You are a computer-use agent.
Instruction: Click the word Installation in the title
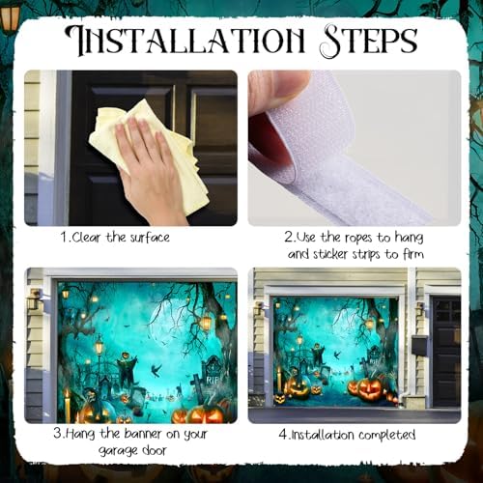pyautogui.click(x=185, y=42)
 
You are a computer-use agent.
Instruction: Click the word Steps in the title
pyautogui.click(x=370, y=42)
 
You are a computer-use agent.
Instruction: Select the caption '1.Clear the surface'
pyautogui.click(x=115, y=238)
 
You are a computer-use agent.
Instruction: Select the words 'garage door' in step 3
pyautogui.click(x=132, y=450)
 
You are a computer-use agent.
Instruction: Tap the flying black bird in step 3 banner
pyautogui.click(x=156, y=370)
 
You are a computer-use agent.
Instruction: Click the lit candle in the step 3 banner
pyautogui.click(x=68, y=404)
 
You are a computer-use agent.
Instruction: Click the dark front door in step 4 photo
pyautogui.click(x=446, y=351)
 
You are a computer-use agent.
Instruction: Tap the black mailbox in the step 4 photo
pyautogui.click(x=419, y=345)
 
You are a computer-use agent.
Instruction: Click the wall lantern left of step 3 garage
pyautogui.click(x=34, y=299)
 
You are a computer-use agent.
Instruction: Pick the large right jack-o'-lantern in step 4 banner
pyautogui.click(x=370, y=388)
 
